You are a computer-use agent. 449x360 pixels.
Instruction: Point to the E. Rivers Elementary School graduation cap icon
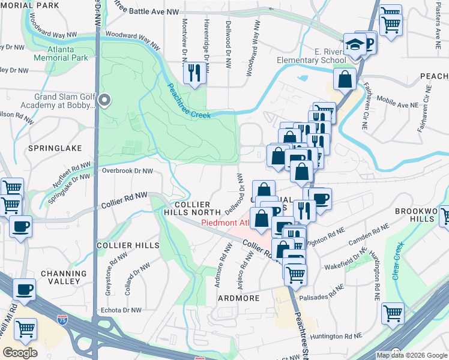(351, 43)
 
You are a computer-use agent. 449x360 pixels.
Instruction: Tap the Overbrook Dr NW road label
(128, 171)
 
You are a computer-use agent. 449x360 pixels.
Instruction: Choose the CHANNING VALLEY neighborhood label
(60, 277)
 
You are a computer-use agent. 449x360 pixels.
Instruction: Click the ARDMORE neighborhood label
(238, 298)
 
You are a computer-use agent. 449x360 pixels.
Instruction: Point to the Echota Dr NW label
(119, 310)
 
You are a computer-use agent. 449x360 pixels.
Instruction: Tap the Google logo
(20, 353)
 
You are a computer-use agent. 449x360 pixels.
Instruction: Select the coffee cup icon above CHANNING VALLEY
(24, 289)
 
